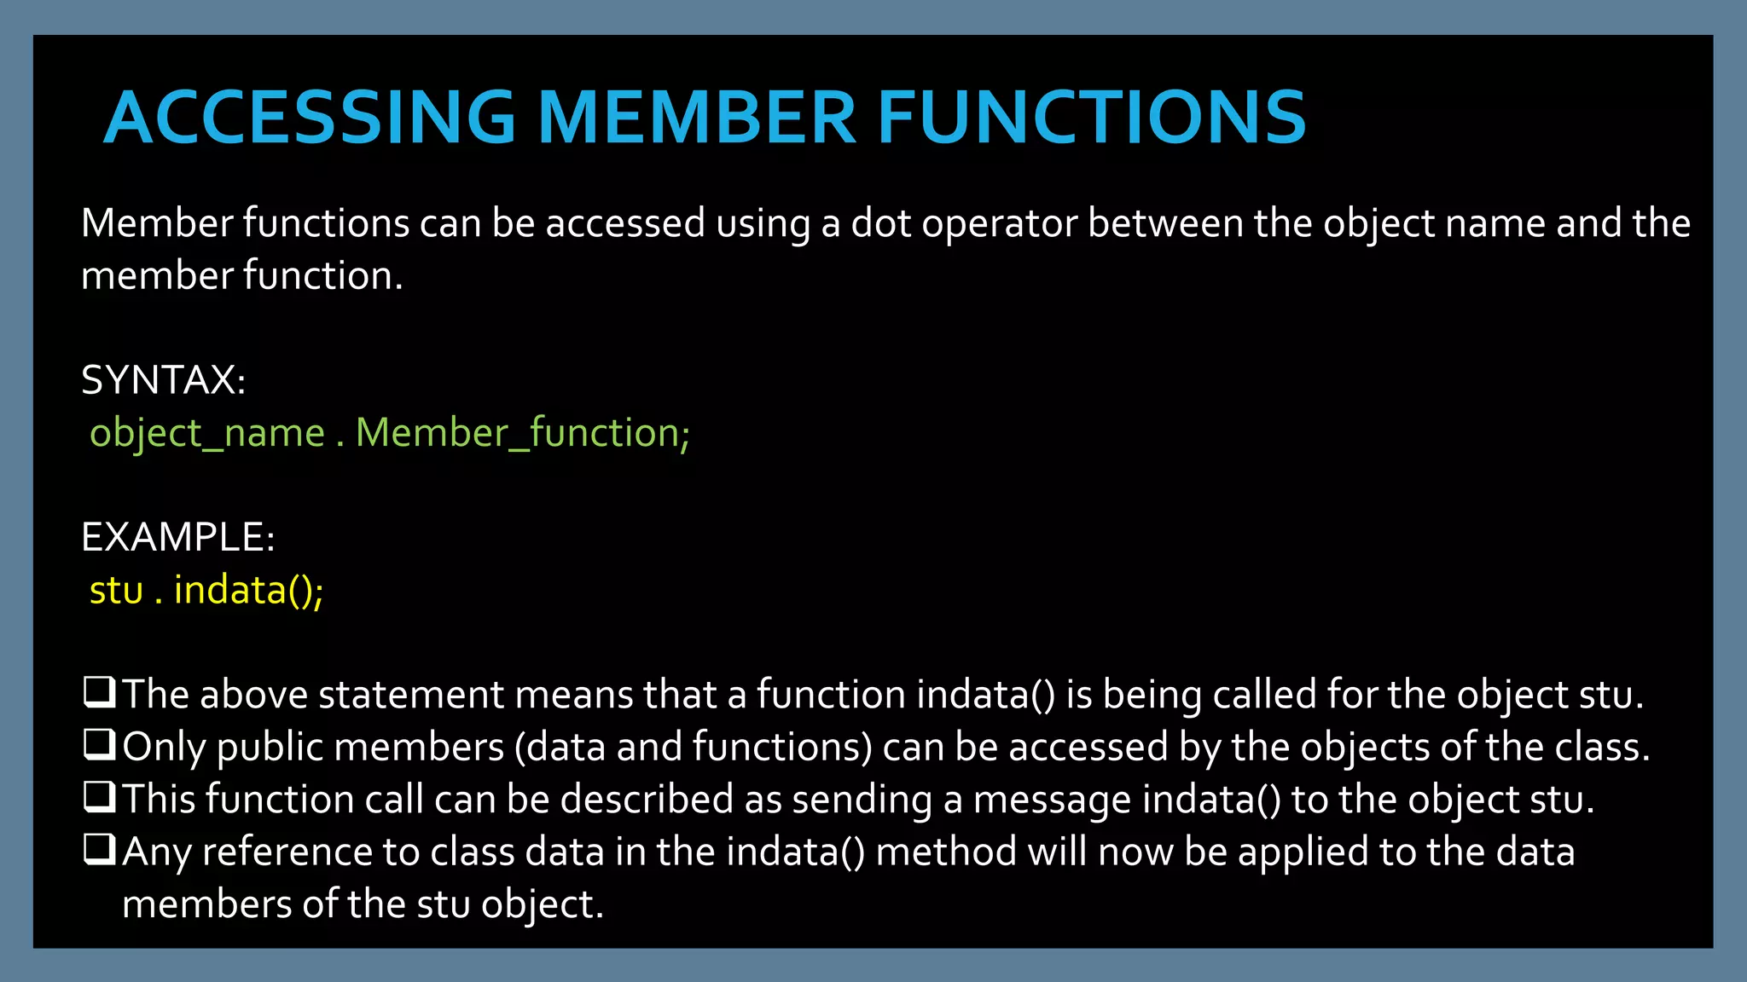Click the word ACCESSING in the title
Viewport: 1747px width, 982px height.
click(x=310, y=118)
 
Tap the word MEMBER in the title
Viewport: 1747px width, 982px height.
click(x=696, y=118)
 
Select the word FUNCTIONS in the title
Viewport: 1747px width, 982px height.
click(x=1091, y=118)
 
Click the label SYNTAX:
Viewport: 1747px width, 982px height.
click(x=163, y=380)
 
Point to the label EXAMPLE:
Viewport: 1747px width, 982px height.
click(x=177, y=537)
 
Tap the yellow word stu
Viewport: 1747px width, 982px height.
click(x=116, y=591)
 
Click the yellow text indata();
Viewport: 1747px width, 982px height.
click(x=248, y=591)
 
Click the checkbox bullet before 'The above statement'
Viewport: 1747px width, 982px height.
click(x=99, y=692)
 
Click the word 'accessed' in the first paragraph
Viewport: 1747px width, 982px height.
click(x=625, y=223)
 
